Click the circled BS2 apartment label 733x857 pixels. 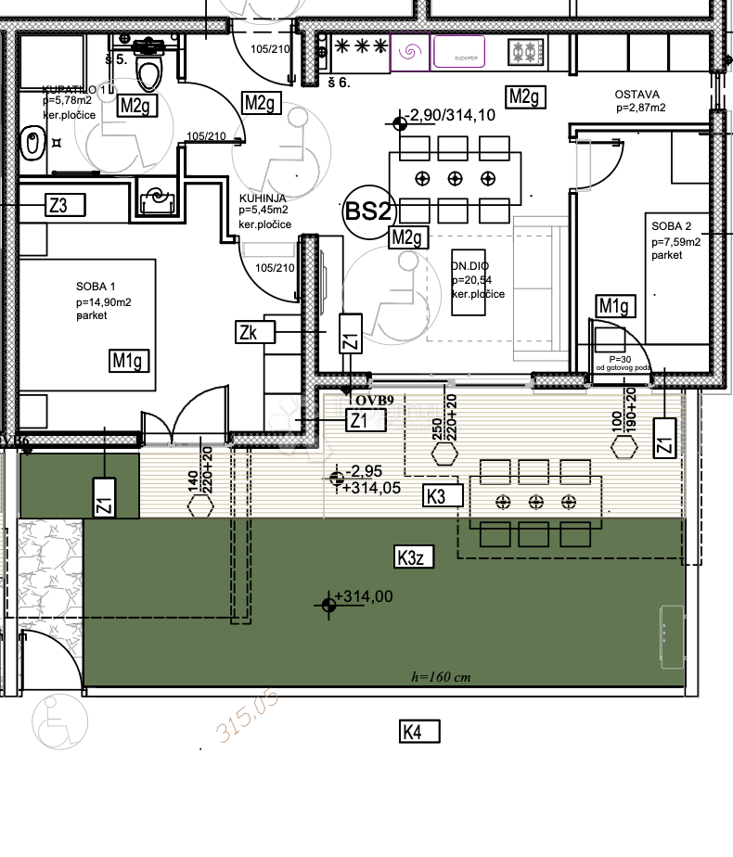[x=366, y=211]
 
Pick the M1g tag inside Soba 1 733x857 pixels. [x=129, y=360]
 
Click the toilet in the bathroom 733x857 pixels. [x=148, y=65]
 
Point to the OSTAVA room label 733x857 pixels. [x=637, y=95]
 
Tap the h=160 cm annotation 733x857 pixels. [x=441, y=677]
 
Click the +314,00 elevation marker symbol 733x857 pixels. [x=328, y=605]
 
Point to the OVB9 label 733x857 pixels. [x=374, y=400]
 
